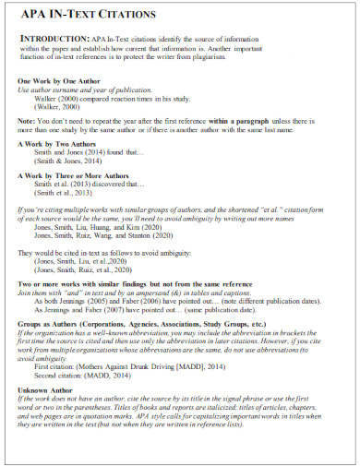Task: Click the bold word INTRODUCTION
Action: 53,37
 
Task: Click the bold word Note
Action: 28,121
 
